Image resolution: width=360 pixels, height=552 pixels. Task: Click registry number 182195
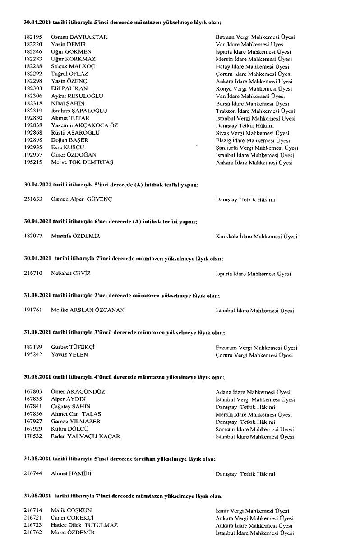point(32,37)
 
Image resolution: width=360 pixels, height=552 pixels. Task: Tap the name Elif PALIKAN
point(69,88)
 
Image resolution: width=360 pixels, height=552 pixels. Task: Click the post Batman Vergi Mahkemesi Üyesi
point(255,37)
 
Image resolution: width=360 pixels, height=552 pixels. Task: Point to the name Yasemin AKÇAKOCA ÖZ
point(84,125)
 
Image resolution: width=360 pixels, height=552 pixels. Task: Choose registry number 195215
point(32,162)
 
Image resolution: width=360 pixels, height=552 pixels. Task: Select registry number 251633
point(32,199)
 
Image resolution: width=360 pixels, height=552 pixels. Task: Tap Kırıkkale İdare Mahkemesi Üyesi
point(256,237)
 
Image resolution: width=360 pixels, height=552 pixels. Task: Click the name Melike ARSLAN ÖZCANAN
point(88,311)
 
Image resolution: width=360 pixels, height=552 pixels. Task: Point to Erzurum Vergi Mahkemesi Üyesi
point(256,348)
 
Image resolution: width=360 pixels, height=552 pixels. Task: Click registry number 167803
point(32,392)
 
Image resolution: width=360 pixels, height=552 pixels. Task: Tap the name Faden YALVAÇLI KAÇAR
point(85,436)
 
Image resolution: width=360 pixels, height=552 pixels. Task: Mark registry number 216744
point(32,474)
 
